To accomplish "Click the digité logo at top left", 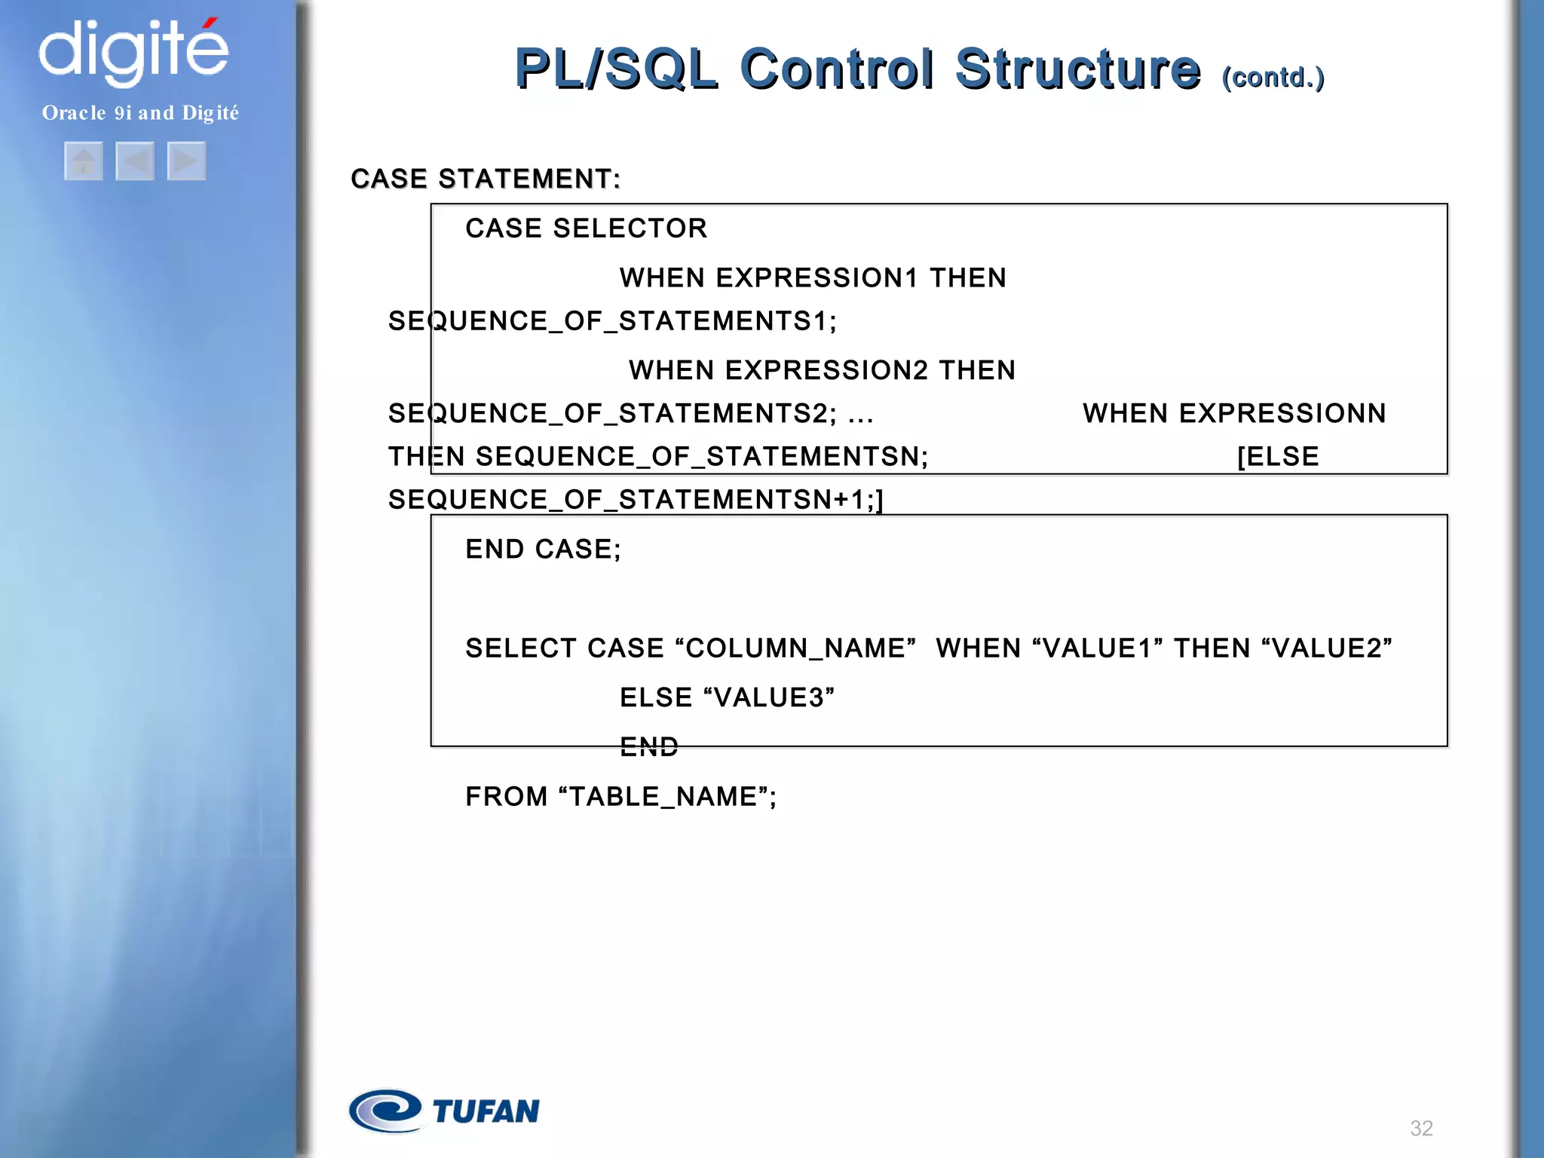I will click(x=133, y=51).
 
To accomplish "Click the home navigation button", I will click(x=84, y=161).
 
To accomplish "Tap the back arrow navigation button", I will click(x=135, y=161).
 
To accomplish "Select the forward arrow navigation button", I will click(x=186, y=161).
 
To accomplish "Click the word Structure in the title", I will click(x=1077, y=69).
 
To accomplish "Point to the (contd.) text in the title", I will click(x=1273, y=78).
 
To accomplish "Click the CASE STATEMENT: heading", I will click(x=486, y=179).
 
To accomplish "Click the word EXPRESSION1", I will click(x=816, y=278).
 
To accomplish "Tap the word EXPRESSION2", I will click(x=826, y=370).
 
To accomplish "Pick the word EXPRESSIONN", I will click(x=1282, y=413).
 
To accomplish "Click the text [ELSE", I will click(x=1278, y=456).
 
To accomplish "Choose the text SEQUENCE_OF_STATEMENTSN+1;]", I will click(x=636, y=499).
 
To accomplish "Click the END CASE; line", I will click(x=543, y=549).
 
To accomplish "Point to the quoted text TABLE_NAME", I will click(x=663, y=797).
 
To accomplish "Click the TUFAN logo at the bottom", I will click(x=444, y=1111).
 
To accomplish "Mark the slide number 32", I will click(x=1421, y=1128).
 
